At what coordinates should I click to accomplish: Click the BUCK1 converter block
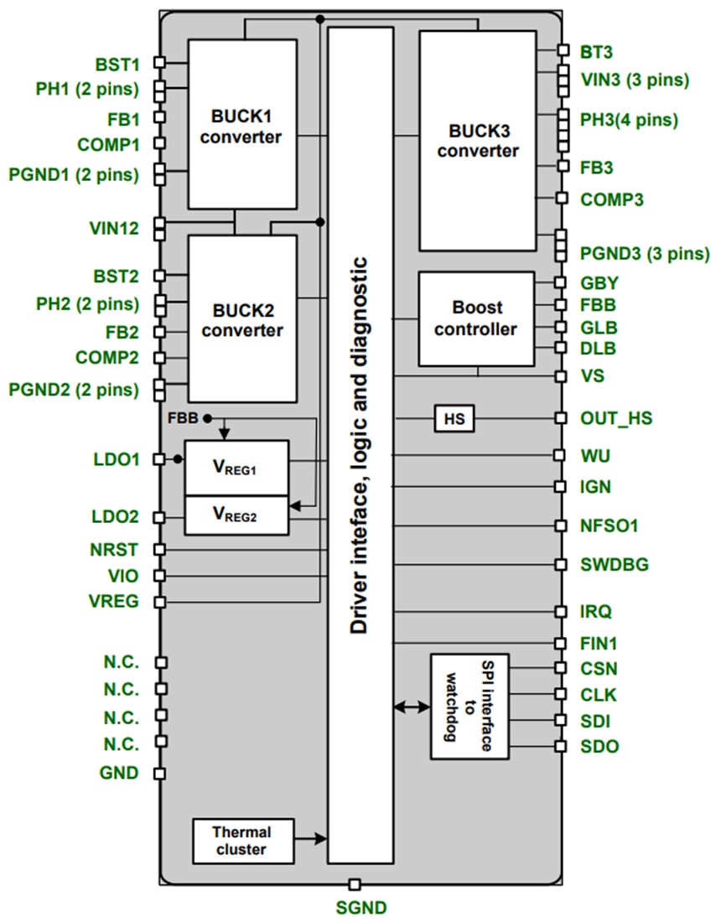coord(241,124)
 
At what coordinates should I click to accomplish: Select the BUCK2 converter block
coord(241,319)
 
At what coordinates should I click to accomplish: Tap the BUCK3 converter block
coord(477,140)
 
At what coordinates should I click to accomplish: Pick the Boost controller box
coord(475,319)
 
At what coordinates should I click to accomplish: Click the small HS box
coord(453,418)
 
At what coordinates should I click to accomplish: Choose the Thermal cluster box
coord(242,841)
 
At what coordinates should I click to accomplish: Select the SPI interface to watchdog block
coord(469,707)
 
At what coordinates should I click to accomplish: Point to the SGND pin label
coord(361,907)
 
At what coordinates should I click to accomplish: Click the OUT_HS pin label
coord(616,418)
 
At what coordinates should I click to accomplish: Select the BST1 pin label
coord(117,64)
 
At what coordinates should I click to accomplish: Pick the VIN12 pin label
coord(116,227)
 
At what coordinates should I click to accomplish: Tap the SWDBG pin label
coord(615,564)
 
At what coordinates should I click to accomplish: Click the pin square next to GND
coord(160,773)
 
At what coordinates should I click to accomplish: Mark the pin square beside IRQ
coord(560,612)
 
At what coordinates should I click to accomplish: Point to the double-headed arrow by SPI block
coord(412,708)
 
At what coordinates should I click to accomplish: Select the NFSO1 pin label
coord(609,526)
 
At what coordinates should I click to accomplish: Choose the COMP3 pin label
coord(612,199)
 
